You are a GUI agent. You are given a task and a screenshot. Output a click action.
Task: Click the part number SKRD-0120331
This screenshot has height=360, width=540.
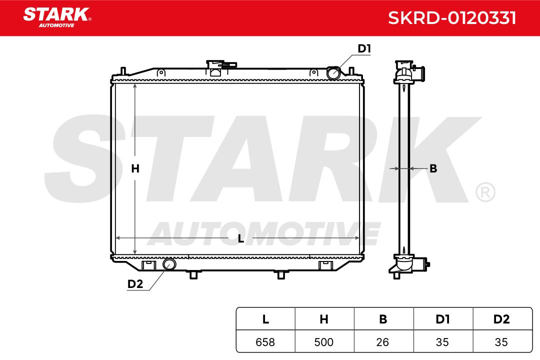click(x=452, y=18)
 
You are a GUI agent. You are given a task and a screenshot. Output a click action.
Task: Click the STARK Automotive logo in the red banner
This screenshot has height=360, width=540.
click(x=57, y=17)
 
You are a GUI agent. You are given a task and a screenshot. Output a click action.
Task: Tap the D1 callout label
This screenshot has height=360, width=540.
click(x=364, y=48)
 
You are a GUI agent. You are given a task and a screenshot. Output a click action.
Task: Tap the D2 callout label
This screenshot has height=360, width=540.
click(x=135, y=284)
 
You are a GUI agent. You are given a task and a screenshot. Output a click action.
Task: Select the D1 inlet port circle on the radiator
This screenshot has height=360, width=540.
click(x=333, y=72)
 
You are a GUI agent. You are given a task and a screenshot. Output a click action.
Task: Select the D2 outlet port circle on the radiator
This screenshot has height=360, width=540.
click(x=169, y=264)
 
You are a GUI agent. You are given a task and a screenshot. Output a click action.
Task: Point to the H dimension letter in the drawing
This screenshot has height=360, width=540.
click(x=135, y=168)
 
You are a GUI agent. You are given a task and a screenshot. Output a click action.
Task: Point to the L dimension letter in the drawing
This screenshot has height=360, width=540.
click(x=240, y=238)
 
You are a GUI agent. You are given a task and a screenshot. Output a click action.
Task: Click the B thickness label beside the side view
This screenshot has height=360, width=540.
click(x=433, y=168)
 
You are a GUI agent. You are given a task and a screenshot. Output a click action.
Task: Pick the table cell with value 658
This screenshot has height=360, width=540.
click(x=265, y=341)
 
